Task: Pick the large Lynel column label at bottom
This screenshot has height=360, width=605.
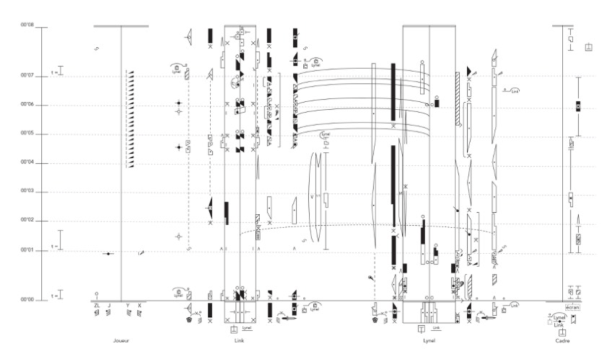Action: pos(429,341)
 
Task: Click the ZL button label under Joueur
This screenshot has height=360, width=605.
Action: pos(96,306)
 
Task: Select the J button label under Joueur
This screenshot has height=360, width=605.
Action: pos(109,306)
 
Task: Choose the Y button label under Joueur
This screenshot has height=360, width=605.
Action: pos(127,306)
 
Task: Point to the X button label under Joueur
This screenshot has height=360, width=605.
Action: pos(139,306)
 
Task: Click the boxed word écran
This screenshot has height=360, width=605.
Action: pos(572,307)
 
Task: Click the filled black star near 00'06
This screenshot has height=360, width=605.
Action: pos(179,103)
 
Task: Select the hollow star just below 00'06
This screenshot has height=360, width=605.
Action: pos(179,112)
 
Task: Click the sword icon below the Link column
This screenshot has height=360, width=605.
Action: pos(289,318)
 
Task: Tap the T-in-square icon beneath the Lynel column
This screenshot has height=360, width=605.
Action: pos(422,329)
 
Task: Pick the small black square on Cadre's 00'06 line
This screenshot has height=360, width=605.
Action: pos(578,106)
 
